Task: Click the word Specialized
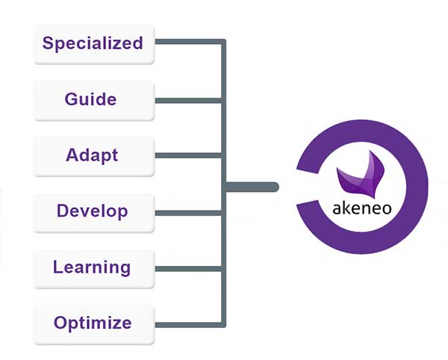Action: pyautogui.click(x=93, y=43)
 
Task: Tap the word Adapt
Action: pyautogui.click(x=92, y=155)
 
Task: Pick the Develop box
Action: pyautogui.click(x=93, y=211)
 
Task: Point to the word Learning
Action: pyautogui.click(x=92, y=267)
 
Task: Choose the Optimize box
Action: pyautogui.click(x=93, y=323)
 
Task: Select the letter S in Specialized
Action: pyautogui.click(x=49, y=43)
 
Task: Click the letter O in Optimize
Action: pyautogui.click(x=60, y=323)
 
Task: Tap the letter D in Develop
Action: pyautogui.click(x=63, y=211)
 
